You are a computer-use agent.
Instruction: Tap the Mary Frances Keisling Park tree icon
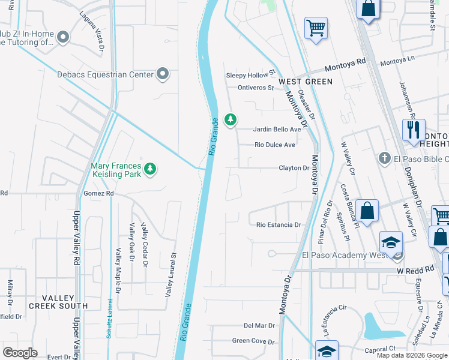pos(149,169)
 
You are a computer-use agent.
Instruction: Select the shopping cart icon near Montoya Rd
pos(316,28)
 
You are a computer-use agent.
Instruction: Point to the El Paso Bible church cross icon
pos(385,158)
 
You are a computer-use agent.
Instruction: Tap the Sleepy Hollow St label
pos(250,76)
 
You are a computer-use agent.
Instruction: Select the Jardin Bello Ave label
pos(277,129)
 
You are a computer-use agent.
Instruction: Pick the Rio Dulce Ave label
pos(275,145)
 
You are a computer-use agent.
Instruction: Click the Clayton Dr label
pos(294,168)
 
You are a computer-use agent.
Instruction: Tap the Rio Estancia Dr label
pos(279,225)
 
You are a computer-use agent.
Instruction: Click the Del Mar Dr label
pos(259,326)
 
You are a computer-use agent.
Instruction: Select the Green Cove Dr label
pos(253,341)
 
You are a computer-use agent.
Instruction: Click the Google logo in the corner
pos(20,353)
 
